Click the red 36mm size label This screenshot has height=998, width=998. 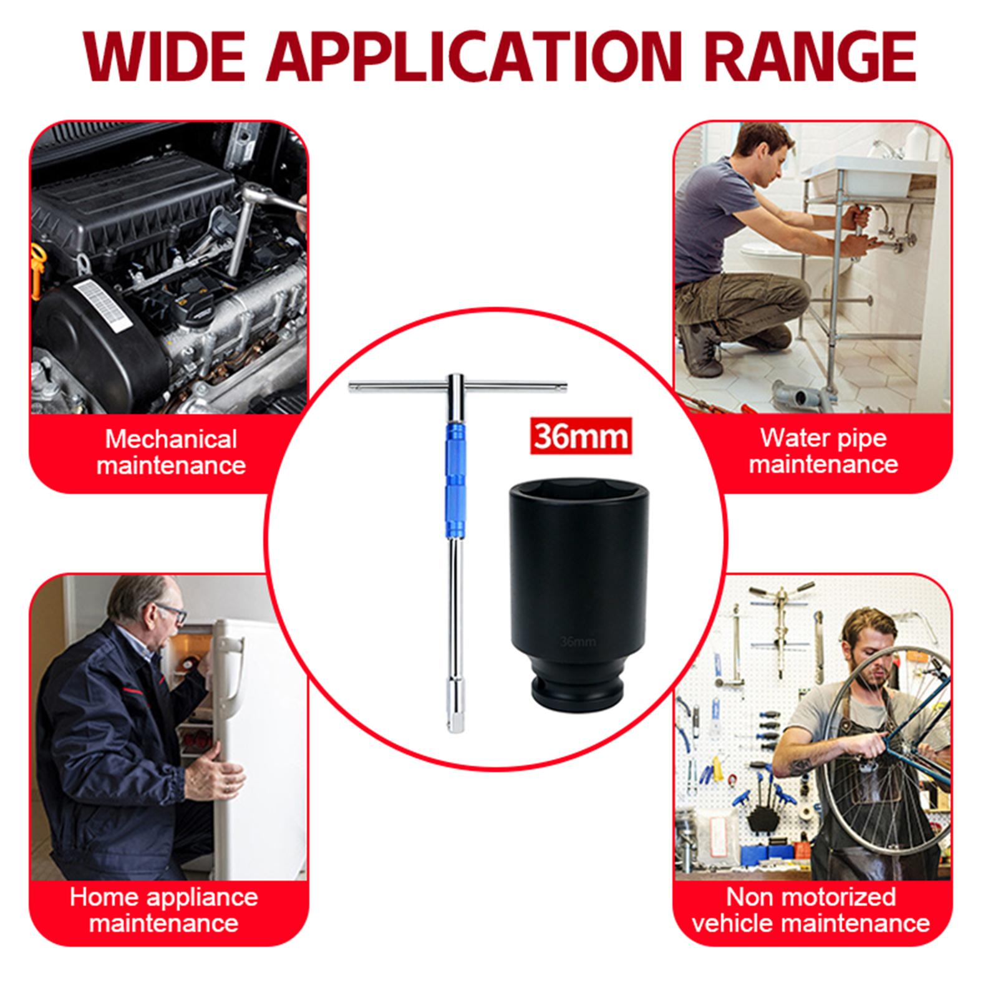(581, 436)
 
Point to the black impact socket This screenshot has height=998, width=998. (578, 595)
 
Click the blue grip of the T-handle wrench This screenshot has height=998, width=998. (455, 480)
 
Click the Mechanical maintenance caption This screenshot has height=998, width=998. (171, 452)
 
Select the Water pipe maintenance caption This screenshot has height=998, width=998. (823, 451)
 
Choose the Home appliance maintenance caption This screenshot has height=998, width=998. (164, 910)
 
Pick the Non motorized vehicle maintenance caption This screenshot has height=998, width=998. (811, 910)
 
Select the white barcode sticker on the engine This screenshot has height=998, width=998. (103, 305)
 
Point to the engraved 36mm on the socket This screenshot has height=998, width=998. (578, 642)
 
